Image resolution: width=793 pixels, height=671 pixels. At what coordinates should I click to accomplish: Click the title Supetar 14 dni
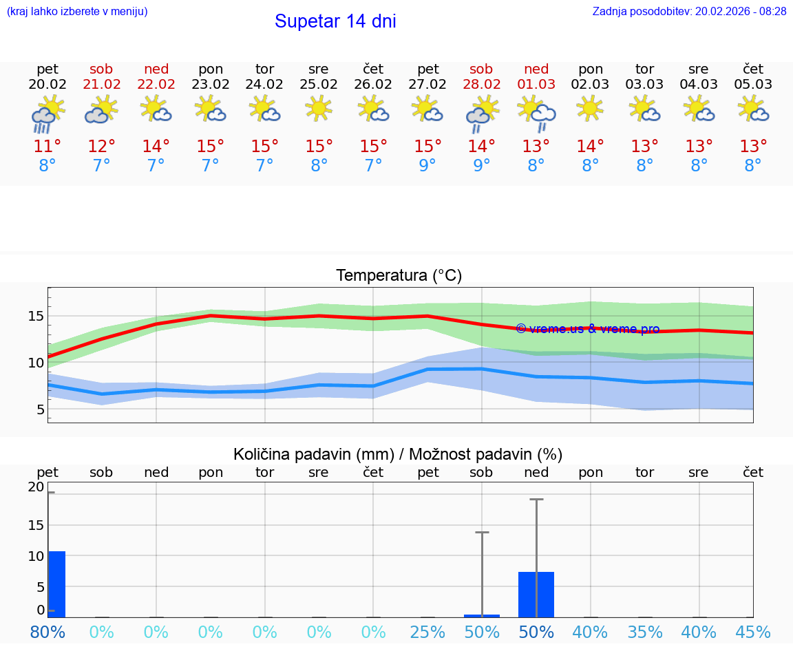tap(335, 21)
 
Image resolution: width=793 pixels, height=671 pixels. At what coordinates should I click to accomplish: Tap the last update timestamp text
tap(689, 11)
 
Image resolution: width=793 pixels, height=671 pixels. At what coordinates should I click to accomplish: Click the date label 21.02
tap(102, 84)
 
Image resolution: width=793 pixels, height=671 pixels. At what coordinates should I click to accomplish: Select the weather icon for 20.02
tap(47, 114)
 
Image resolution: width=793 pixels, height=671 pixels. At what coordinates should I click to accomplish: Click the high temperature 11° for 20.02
tap(47, 146)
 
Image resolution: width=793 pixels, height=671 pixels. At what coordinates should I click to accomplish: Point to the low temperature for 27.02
tap(427, 165)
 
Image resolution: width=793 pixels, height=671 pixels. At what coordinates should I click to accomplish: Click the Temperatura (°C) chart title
tap(399, 276)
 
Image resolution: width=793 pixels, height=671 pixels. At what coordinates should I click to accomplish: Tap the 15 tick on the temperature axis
tap(36, 316)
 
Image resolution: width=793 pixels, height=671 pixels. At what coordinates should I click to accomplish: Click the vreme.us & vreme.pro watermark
tap(587, 329)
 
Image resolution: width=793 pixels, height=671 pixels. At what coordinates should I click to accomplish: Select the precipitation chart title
tap(398, 454)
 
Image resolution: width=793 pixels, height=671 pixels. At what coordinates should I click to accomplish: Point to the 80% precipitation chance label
tap(47, 632)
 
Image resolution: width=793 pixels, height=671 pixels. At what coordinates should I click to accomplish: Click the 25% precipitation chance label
tap(427, 632)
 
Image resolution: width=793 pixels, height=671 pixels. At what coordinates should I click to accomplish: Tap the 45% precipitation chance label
tap(753, 632)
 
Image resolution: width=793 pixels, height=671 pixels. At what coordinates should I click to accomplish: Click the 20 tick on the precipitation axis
tap(36, 487)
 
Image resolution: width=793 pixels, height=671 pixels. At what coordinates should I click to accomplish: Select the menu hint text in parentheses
tap(76, 11)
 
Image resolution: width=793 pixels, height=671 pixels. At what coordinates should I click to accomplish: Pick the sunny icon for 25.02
tap(319, 108)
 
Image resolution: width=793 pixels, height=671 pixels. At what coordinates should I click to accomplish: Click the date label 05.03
tap(753, 84)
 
